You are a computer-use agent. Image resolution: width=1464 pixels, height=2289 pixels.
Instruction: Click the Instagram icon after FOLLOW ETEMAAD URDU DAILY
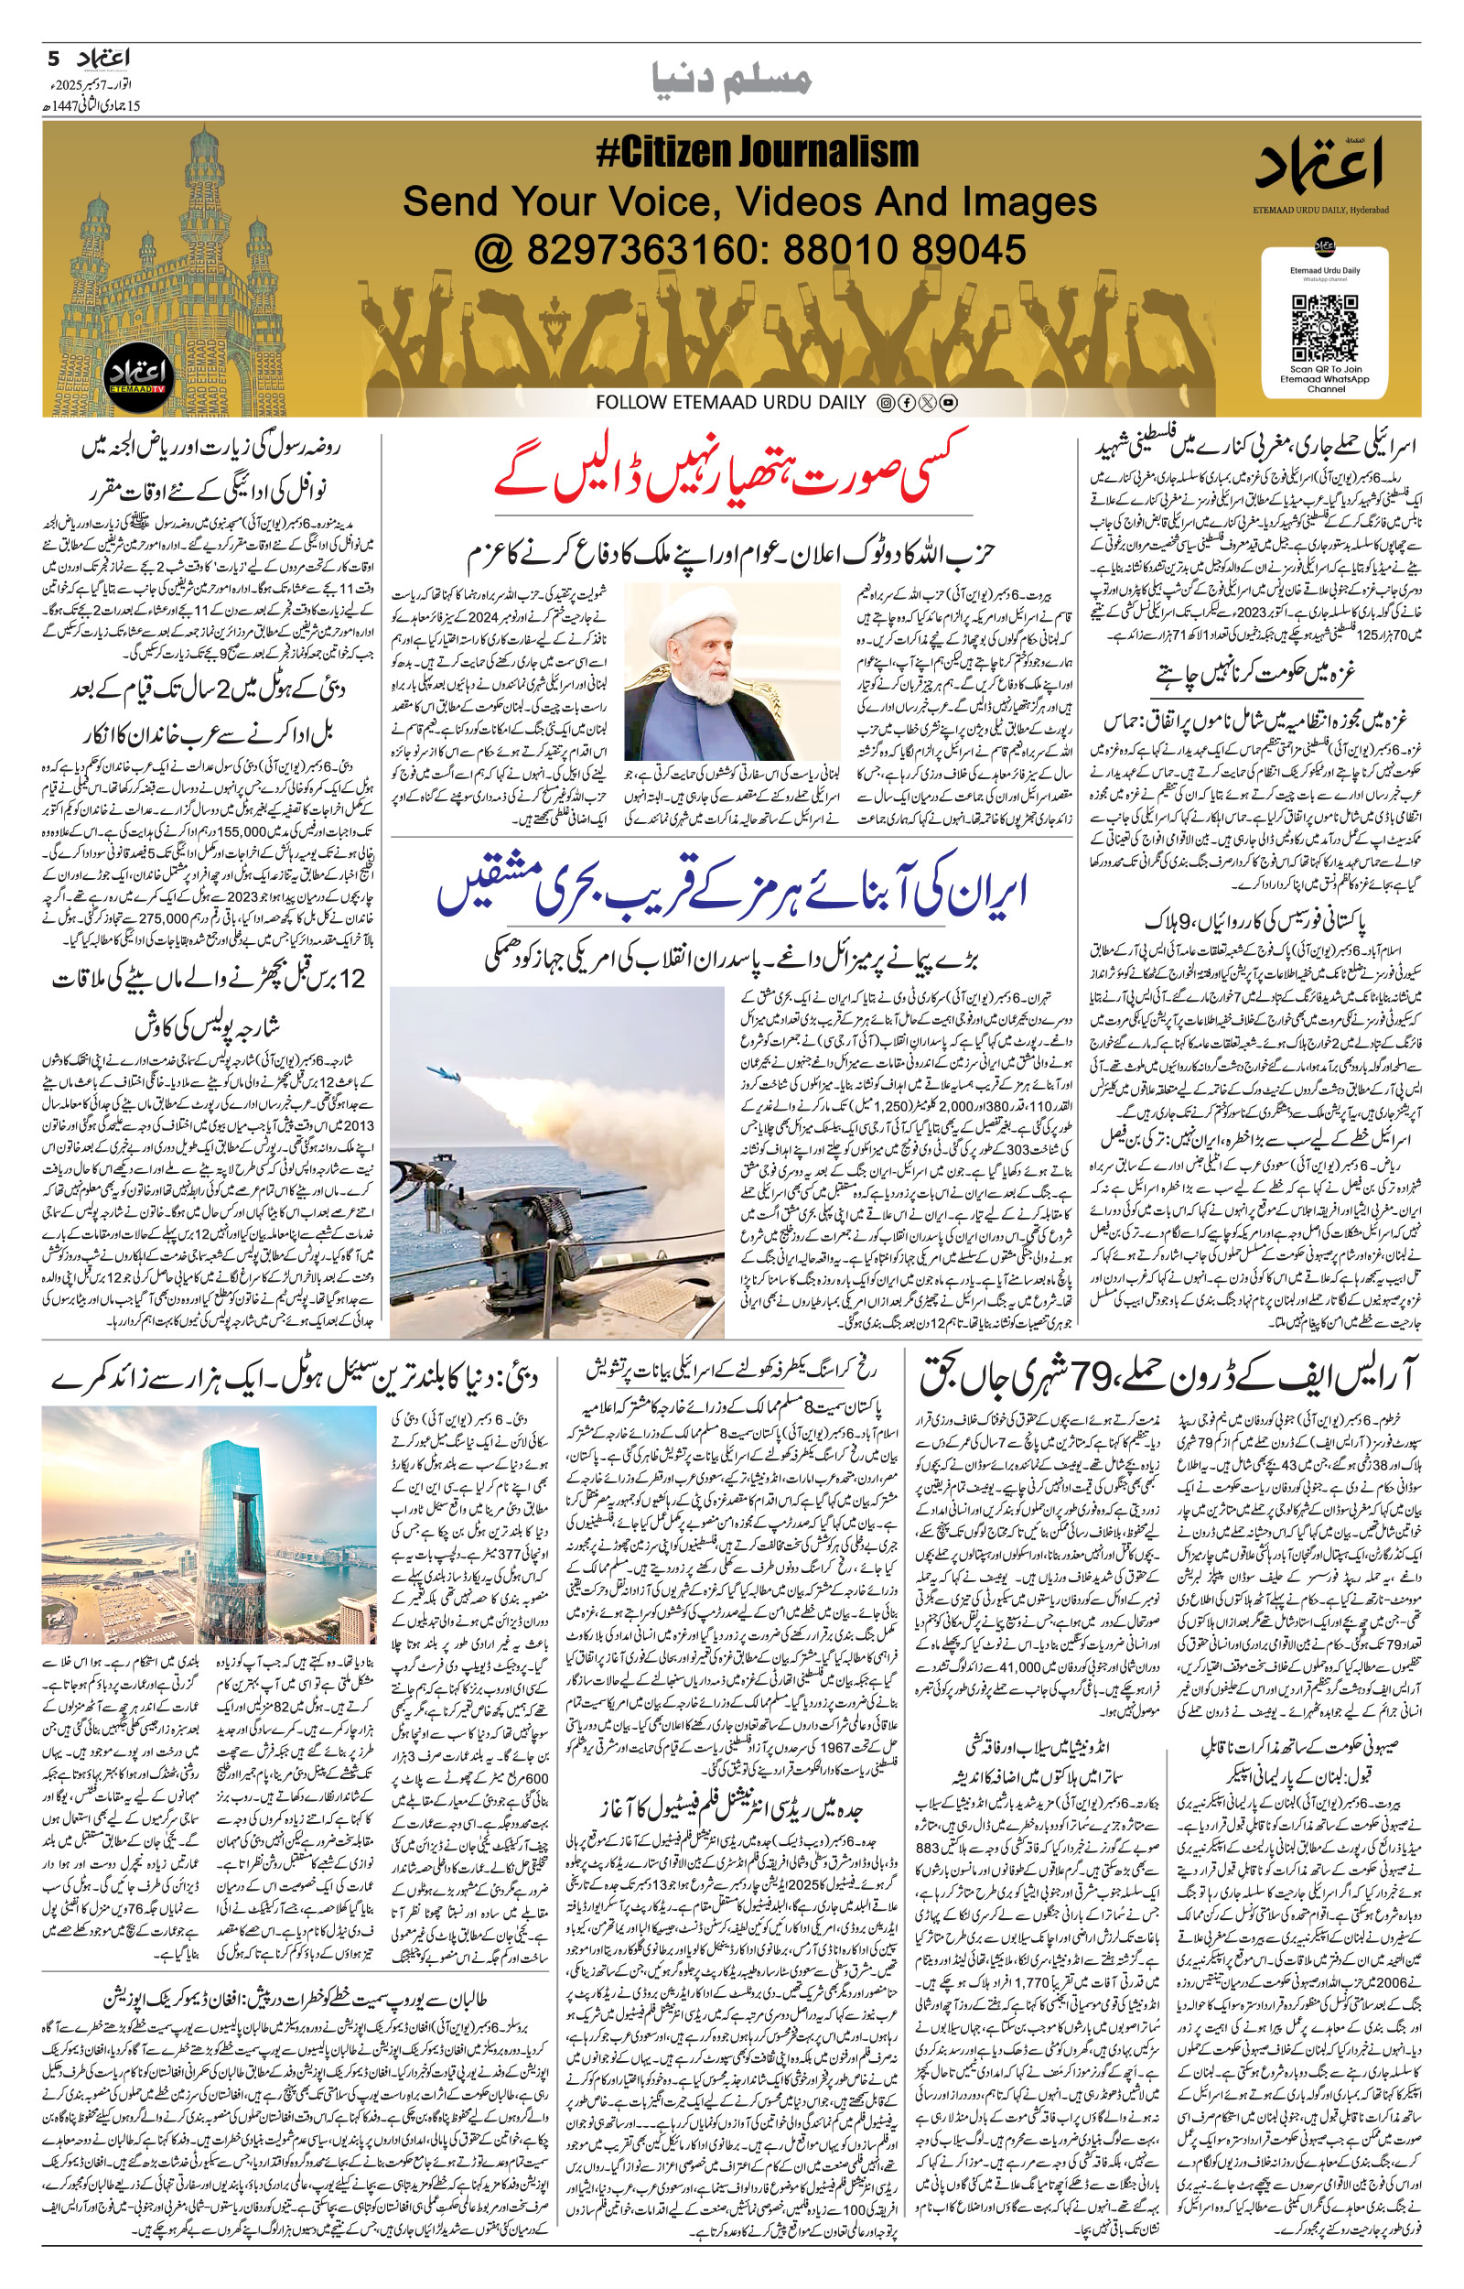click(x=885, y=403)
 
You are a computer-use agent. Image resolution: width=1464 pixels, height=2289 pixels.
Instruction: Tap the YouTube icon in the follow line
click(x=948, y=403)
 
